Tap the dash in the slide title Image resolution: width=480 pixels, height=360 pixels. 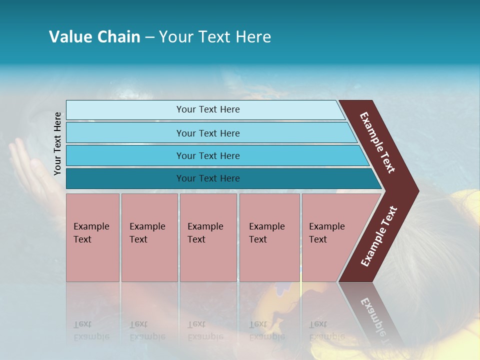[x=149, y=37]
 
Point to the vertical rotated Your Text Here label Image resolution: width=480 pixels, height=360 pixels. [x=58, y=143]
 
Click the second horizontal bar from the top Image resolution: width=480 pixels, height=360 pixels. [x=207, y=133]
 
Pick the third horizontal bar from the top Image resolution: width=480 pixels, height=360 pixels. [x=207, y=155]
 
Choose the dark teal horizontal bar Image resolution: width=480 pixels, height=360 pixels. [x=207, y=178]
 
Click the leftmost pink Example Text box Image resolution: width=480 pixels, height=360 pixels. [x=92, y=237]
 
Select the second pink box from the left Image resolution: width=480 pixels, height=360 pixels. [x=149, y=237]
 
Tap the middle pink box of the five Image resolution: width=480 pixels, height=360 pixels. [x=208, y=237]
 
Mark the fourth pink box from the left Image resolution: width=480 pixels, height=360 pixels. [x=269, y=237]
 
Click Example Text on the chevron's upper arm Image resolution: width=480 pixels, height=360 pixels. [x=377, y=143]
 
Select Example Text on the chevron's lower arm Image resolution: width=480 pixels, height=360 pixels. [x=379, y=236]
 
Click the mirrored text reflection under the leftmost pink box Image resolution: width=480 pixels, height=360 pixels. [x=91, y=330]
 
